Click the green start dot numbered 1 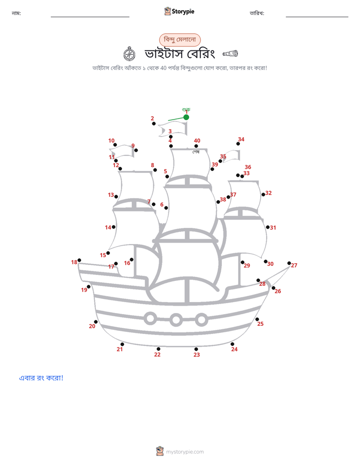pyautogui.click(x=186, y=118)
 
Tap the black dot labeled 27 pyautogui.click(x=289, y=263)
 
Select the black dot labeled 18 pyautogui.click(x=79, y=260)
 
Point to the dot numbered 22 pyautogui.click(x=158, y=349)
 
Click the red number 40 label pyautogui.click(x=197, y=141)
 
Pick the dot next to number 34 pyautogui.click(x=238, y=144)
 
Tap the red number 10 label pyautogui.click(x=111, y=141)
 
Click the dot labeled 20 pyautogui.click(x=96, y=322)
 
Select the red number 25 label pyautogui.click(x=260, y=324)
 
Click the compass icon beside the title pyautogui.click(x=129, y=54)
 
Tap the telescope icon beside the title pyautogui.click(x=230, y=53)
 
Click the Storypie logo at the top pyautogui.click(x=179, y=11)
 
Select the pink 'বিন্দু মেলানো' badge pyautogui.click(x=180, y=40)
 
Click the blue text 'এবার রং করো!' pyautogui.click(x=41, y=378)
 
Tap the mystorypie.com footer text pyautogui.click(x=185, y=452)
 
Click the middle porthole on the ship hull pyautogui.click(x=176, y=320)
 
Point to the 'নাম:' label pyautogui.click(x=16, y=13)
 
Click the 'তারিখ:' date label pyautogui.click(x=257, y=13)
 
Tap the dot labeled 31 pyautogui.click(x=268, y=227)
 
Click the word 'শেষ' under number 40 pyautogui.click(x=196, y=152)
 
